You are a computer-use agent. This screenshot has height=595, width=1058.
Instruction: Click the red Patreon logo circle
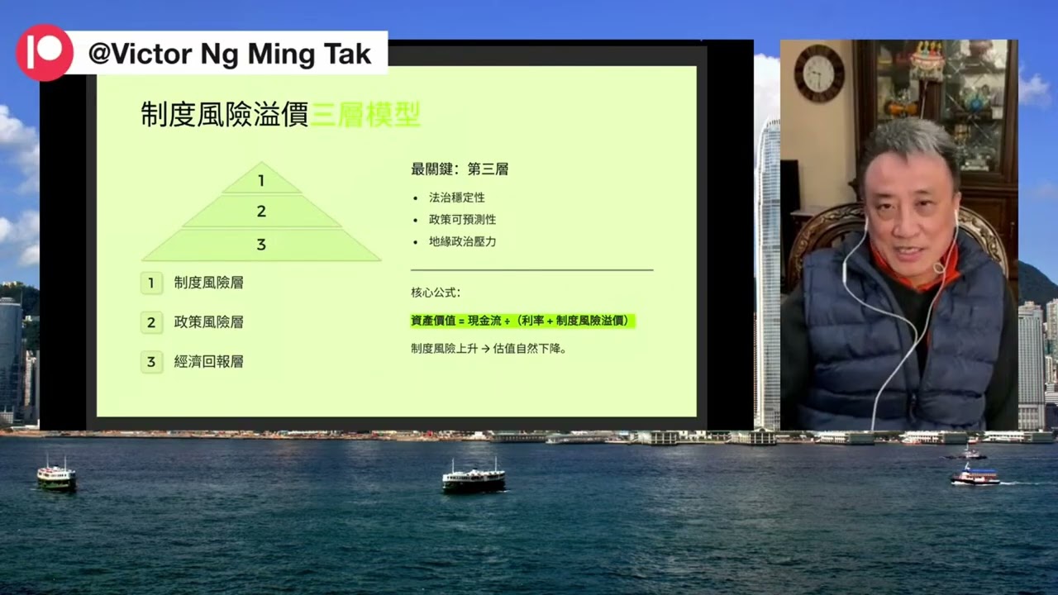click(x=44, y=53)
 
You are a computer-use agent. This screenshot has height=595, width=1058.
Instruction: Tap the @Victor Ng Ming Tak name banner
click(x=230, y=55)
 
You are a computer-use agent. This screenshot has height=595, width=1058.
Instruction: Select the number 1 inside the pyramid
click(x=261, y=181)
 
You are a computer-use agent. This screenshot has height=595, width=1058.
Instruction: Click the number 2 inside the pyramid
click(x=261, y=212)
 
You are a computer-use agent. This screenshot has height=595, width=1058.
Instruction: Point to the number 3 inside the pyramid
click(x=261, y=245)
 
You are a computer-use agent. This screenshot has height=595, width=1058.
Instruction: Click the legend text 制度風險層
click(x=208, y=283)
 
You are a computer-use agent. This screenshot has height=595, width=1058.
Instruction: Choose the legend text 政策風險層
click(x=208, y=322)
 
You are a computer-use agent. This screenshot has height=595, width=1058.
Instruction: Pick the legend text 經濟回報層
click(x=208, y=362)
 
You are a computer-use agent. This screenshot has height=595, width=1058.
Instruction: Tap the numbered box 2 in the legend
click(x=151, y=322)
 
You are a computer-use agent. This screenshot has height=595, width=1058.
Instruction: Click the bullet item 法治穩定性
click(x=456, y=198)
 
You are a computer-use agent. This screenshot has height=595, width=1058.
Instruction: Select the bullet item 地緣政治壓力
click(x=462, y=242)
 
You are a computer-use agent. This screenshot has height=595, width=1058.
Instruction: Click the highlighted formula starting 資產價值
click(x=522, y=321)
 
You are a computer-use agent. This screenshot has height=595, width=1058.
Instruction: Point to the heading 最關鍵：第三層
click(x=460, y=169)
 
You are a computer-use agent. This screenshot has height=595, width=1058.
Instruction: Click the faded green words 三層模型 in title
click(x=365, y=115)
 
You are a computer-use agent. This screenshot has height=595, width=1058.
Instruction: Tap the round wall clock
click(x=819, y=73)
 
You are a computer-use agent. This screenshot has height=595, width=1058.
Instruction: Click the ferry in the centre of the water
click(x=473, y=479)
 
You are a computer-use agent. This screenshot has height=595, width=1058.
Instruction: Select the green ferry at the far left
click(x=56, y=476)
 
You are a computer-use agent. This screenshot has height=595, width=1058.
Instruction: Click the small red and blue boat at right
click(x=975, y=476)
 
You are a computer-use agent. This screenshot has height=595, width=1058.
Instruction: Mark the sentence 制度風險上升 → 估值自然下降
click(x=488, y=349)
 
